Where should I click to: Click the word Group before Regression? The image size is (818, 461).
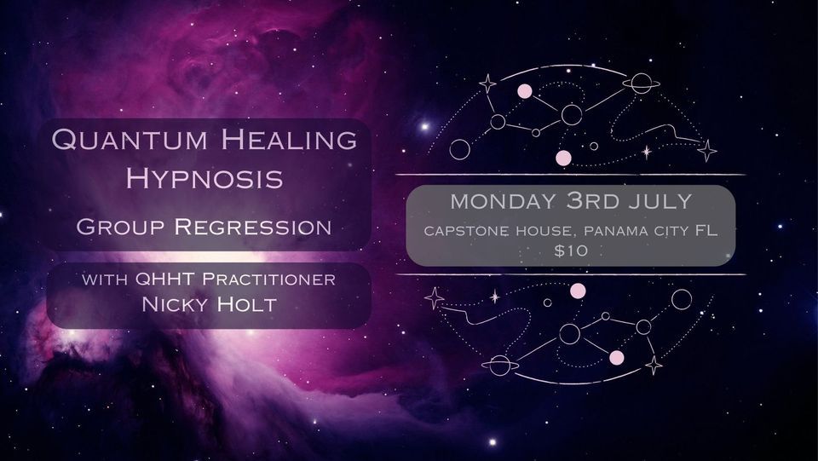click(x=123, y=228)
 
